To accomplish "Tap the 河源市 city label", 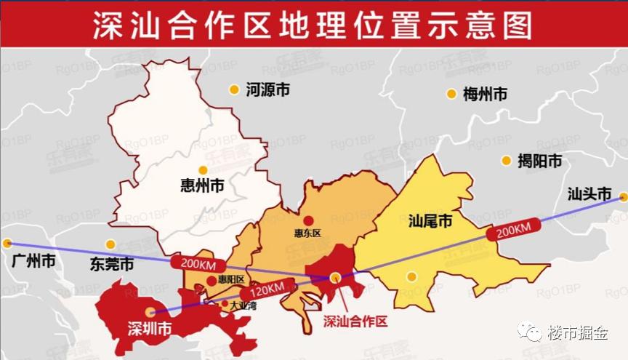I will point(267,90).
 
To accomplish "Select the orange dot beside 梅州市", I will point(451,94).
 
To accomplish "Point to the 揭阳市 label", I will point(539,161).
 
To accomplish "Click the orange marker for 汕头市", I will point(624,196).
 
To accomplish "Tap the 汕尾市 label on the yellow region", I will point(430,220).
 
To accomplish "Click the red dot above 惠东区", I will point(308,220).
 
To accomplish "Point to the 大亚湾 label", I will point(243,306).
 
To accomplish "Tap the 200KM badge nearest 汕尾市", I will point(513,231).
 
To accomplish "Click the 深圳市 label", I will point(149,329).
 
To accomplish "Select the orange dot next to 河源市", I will point(234,90).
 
